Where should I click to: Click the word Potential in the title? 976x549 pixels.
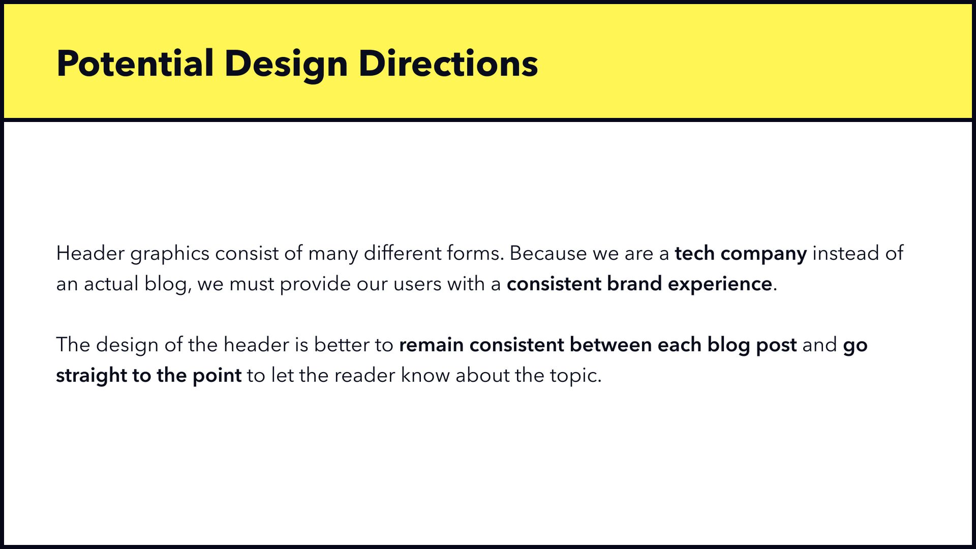135,64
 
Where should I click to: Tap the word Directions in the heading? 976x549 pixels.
448,64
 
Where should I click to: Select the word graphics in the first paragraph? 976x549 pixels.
170,254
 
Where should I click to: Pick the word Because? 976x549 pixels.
548,253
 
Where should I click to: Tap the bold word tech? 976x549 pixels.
694,253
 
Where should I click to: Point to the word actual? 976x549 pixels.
111,284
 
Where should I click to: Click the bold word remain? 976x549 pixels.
432,345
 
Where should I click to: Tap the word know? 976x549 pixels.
425,375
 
